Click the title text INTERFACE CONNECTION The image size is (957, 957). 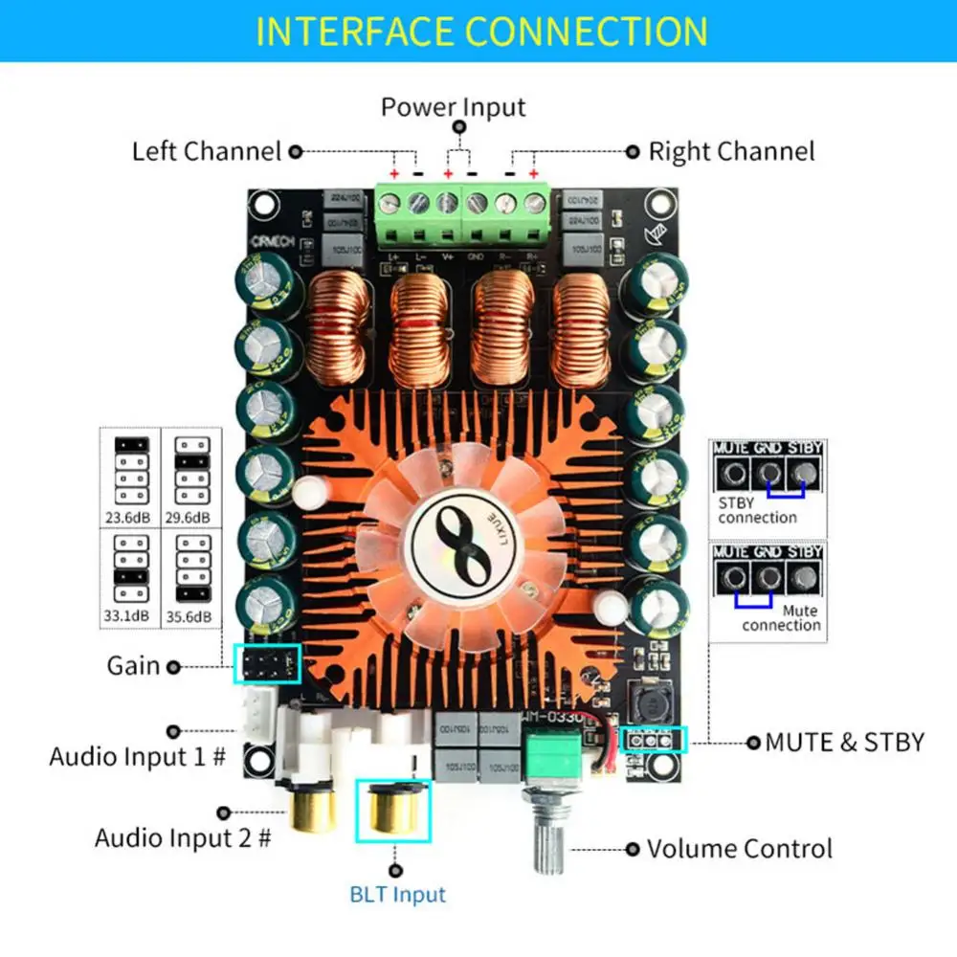(x=481, y=31)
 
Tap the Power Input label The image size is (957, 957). (x=453, y=106)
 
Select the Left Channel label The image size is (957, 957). (x=207, y=151)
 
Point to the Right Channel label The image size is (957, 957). (x=731, y=151)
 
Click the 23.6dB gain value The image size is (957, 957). (x=130, y=517)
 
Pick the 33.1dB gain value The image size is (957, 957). (x=130, y=616)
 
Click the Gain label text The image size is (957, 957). (x=134, y=665)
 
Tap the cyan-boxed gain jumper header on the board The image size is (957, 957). (x=267, y=663)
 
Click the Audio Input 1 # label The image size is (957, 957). (x=138, y=757)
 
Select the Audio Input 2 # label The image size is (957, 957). (x=183, y=839)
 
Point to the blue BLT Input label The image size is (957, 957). (x=397, y=896)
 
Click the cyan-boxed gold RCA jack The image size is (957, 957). (x=394, y=810)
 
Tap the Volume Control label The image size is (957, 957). (x=739, y=849)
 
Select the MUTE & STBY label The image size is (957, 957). (x=844, y=742)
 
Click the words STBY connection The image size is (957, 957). (x=757, y=510)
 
